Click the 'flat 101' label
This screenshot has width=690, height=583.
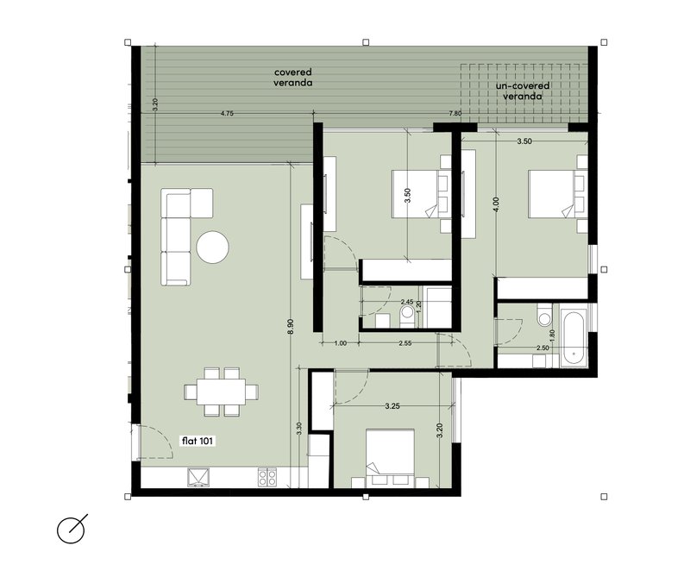point(198,441)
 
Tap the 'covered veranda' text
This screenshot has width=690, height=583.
point(293,77)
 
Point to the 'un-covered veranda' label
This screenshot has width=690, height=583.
point(523,91)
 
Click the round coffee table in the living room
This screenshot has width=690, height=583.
point(212,247)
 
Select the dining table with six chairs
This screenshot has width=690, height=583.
point(222,392)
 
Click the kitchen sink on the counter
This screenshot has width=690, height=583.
point(199,478)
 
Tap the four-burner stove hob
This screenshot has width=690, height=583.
point(267,478)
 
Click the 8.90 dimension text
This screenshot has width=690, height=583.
point(291,327)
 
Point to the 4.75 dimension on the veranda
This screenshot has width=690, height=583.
point(227,114)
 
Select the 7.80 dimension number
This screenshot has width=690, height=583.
point(455,114)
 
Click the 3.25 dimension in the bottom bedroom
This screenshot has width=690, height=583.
point(392,406)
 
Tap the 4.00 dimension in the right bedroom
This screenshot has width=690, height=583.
point(497,204)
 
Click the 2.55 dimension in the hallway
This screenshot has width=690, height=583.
point(405,343)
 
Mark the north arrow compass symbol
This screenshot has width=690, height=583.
point(72,529)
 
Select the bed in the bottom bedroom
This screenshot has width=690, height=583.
point(391,458)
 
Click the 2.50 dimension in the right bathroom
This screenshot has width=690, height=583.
point(543,348)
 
